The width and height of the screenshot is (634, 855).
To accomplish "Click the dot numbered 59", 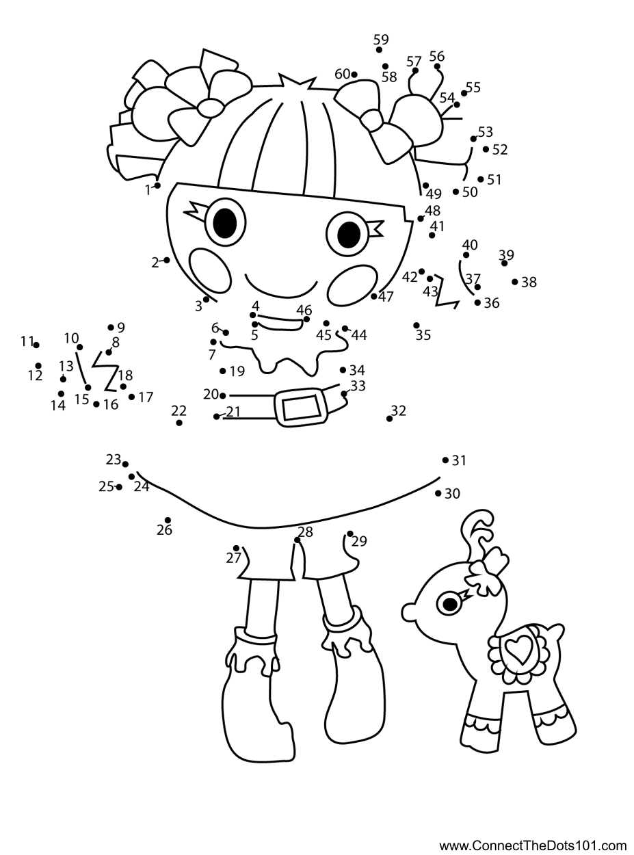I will (380, 49).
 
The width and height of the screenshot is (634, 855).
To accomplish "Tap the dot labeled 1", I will (158, 185).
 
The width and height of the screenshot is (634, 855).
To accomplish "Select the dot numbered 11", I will (36, 345).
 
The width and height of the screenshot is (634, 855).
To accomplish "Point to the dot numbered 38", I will (515, 281).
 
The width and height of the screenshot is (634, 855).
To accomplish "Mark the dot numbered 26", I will (168, 521).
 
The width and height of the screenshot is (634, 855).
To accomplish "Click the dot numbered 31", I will (445, 460).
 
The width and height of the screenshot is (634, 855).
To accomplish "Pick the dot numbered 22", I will (179, 423).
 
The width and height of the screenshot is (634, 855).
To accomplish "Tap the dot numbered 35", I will (417, 326).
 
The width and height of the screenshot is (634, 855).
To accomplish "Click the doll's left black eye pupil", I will (225, 222).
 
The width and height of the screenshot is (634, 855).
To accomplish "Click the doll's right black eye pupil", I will (348, 235).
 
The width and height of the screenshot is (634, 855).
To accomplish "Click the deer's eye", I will (450, 603).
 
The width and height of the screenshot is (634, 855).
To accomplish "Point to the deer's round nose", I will (409, 611).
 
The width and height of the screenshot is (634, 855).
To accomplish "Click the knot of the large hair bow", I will (211, 107).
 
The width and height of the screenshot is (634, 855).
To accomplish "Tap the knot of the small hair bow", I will (373, 121).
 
